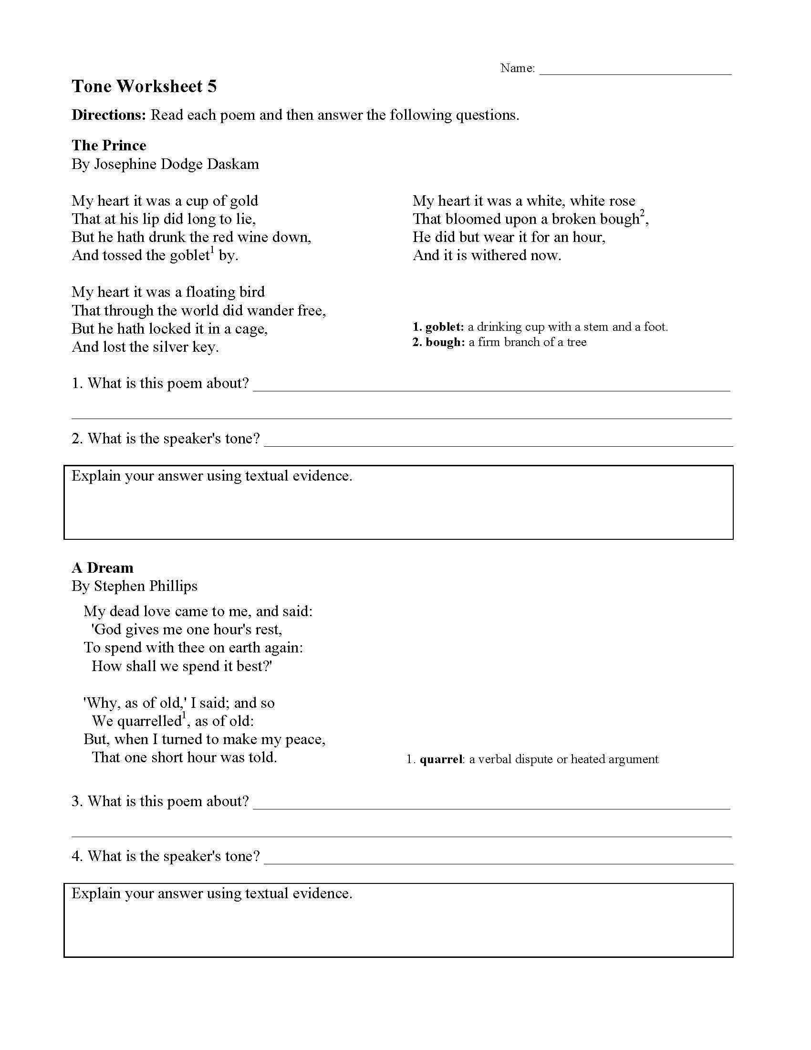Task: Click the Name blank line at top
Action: click(x=635, y=72)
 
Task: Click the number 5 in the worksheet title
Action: click(x=212, y=86)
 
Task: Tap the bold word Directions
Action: click(x=109, y=115)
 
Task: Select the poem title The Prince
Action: click(x=109, y=145)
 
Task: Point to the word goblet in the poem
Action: click(x=189, y=255)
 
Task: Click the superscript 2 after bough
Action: click(x=643, y=214)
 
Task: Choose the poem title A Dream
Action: click(x=103, y=568)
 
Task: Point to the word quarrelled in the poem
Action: click(x=136, y=721)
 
